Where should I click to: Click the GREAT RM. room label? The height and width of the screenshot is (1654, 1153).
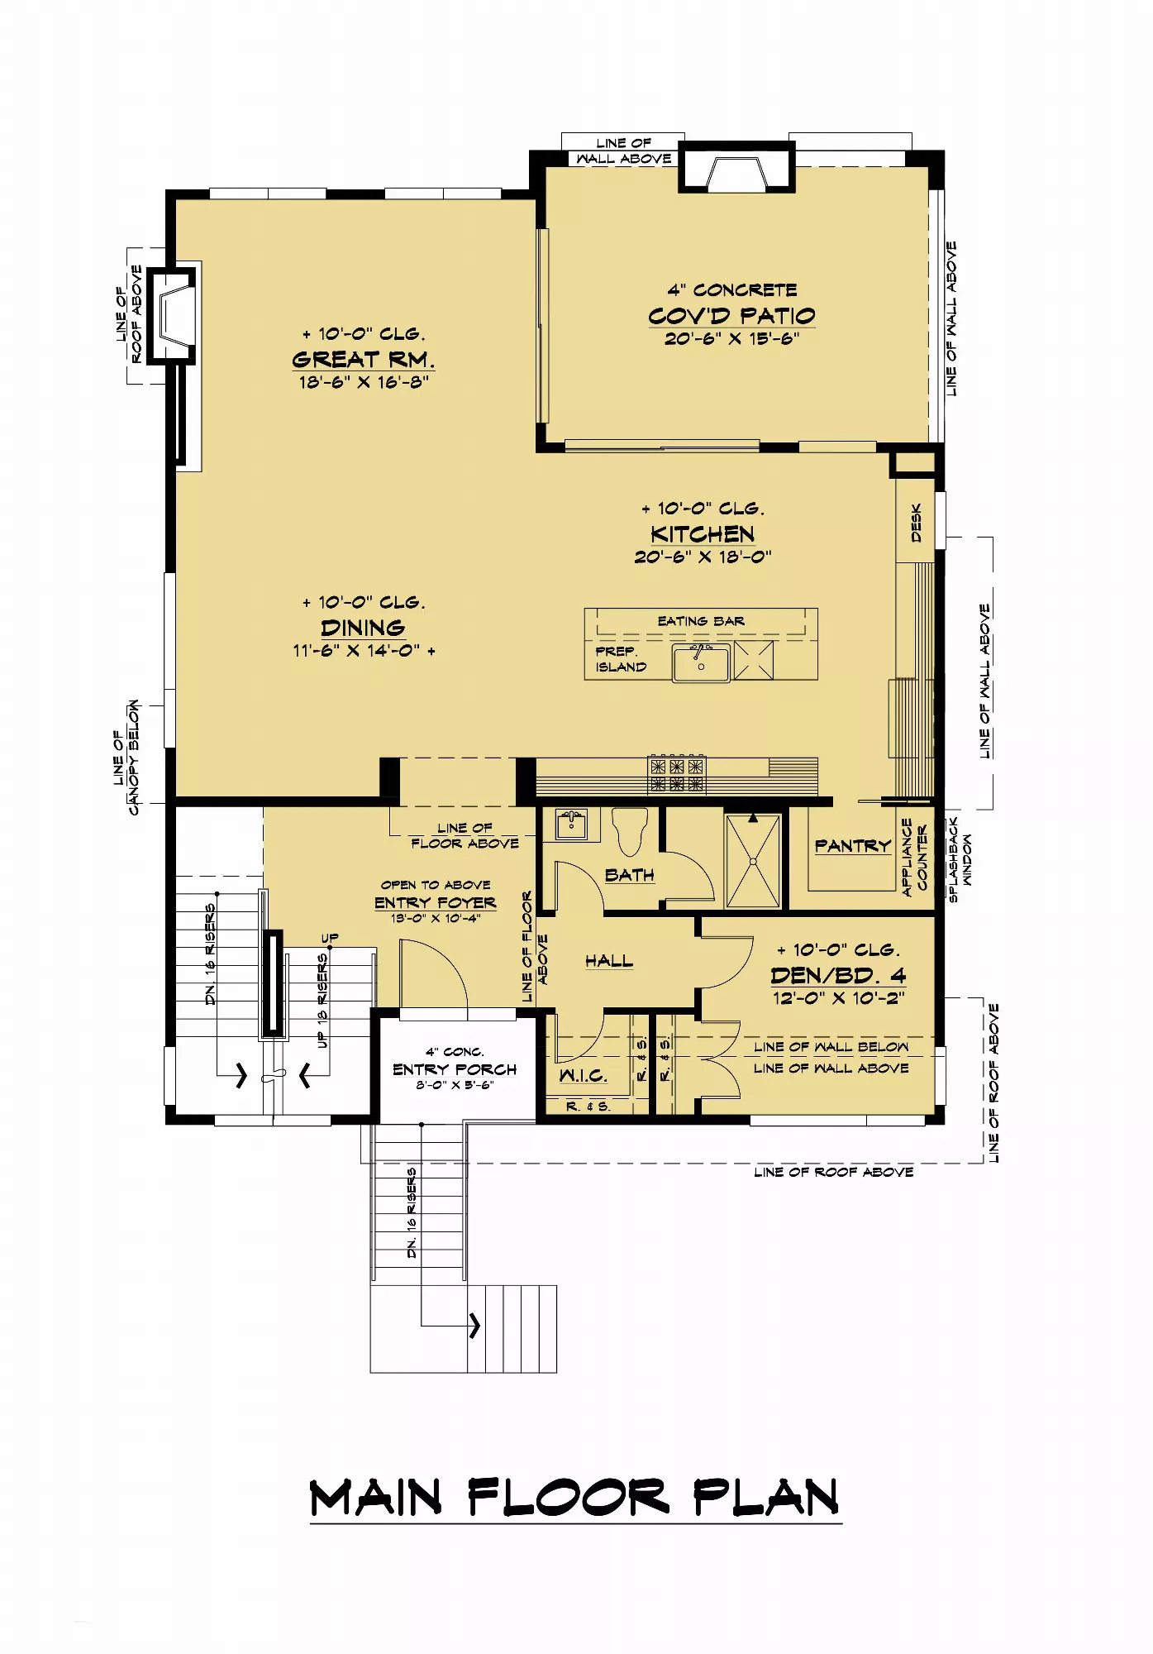point(363,360)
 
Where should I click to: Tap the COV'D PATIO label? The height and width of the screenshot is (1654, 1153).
point(731,316)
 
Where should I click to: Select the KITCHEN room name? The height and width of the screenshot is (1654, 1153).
point(703,534)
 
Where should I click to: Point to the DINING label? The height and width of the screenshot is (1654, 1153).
point(363,628)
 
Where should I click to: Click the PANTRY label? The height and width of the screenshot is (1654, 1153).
point(853,846)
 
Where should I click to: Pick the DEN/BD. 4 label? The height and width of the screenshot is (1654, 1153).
point(838,976)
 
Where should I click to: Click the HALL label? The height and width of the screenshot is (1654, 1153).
point(609,961)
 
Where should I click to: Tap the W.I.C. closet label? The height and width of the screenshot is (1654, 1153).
point(584,1076)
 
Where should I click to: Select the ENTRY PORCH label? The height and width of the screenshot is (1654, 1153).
point(455,1069)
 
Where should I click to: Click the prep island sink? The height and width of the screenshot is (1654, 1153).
point(701,662)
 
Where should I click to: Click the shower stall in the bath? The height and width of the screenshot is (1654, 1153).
point(753,860)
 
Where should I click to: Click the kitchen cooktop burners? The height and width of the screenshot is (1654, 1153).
point(677,774)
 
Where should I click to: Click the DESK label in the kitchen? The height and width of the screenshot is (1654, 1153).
point(916,523)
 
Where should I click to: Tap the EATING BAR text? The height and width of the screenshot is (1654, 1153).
point(701,621)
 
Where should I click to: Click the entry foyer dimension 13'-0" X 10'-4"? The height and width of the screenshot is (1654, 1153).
point(436,918)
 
